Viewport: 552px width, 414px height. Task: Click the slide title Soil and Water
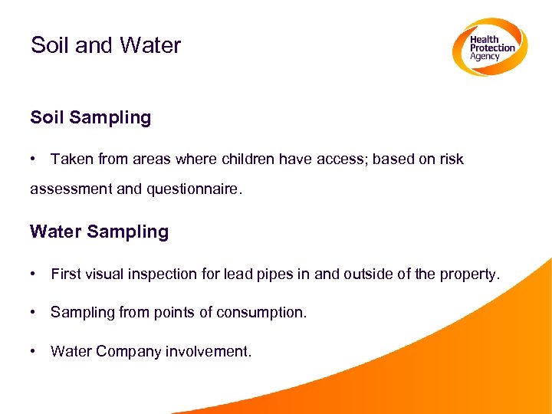pos(106,45)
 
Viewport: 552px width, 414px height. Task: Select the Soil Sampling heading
pos(90,117)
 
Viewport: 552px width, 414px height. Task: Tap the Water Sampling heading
pos(99,232)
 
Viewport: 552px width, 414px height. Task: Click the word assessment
pos(71,189)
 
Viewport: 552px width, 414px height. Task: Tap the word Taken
pos(70,159)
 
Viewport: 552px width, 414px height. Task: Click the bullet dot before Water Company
pos(34,351)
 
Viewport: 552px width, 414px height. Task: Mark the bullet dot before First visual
pos(34,274)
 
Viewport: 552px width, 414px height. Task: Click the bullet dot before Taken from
pos(34,159)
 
